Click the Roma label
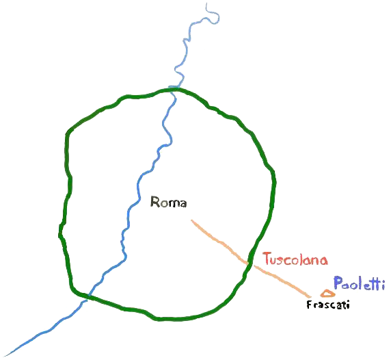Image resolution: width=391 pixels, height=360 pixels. (168, 202)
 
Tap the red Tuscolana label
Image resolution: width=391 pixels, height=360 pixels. (295, 259)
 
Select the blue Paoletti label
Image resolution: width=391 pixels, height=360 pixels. (359, 283)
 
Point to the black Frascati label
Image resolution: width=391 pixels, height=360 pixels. (328, 305)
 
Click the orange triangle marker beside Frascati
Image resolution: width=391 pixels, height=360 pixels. (327, 294)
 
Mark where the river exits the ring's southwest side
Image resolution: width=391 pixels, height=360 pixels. (87, 296)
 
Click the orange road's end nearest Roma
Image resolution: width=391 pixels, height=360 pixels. (192, 220)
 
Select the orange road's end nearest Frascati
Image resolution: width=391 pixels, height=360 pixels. (310, 296)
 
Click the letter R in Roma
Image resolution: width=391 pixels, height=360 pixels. (154, 202)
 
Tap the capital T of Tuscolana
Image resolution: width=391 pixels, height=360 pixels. (268, 258)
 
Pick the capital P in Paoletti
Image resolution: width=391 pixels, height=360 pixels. (338, 283)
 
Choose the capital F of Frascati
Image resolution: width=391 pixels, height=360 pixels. (310, 305)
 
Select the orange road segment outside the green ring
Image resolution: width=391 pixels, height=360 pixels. (282, 281)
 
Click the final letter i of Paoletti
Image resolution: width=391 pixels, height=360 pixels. (383, 285)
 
